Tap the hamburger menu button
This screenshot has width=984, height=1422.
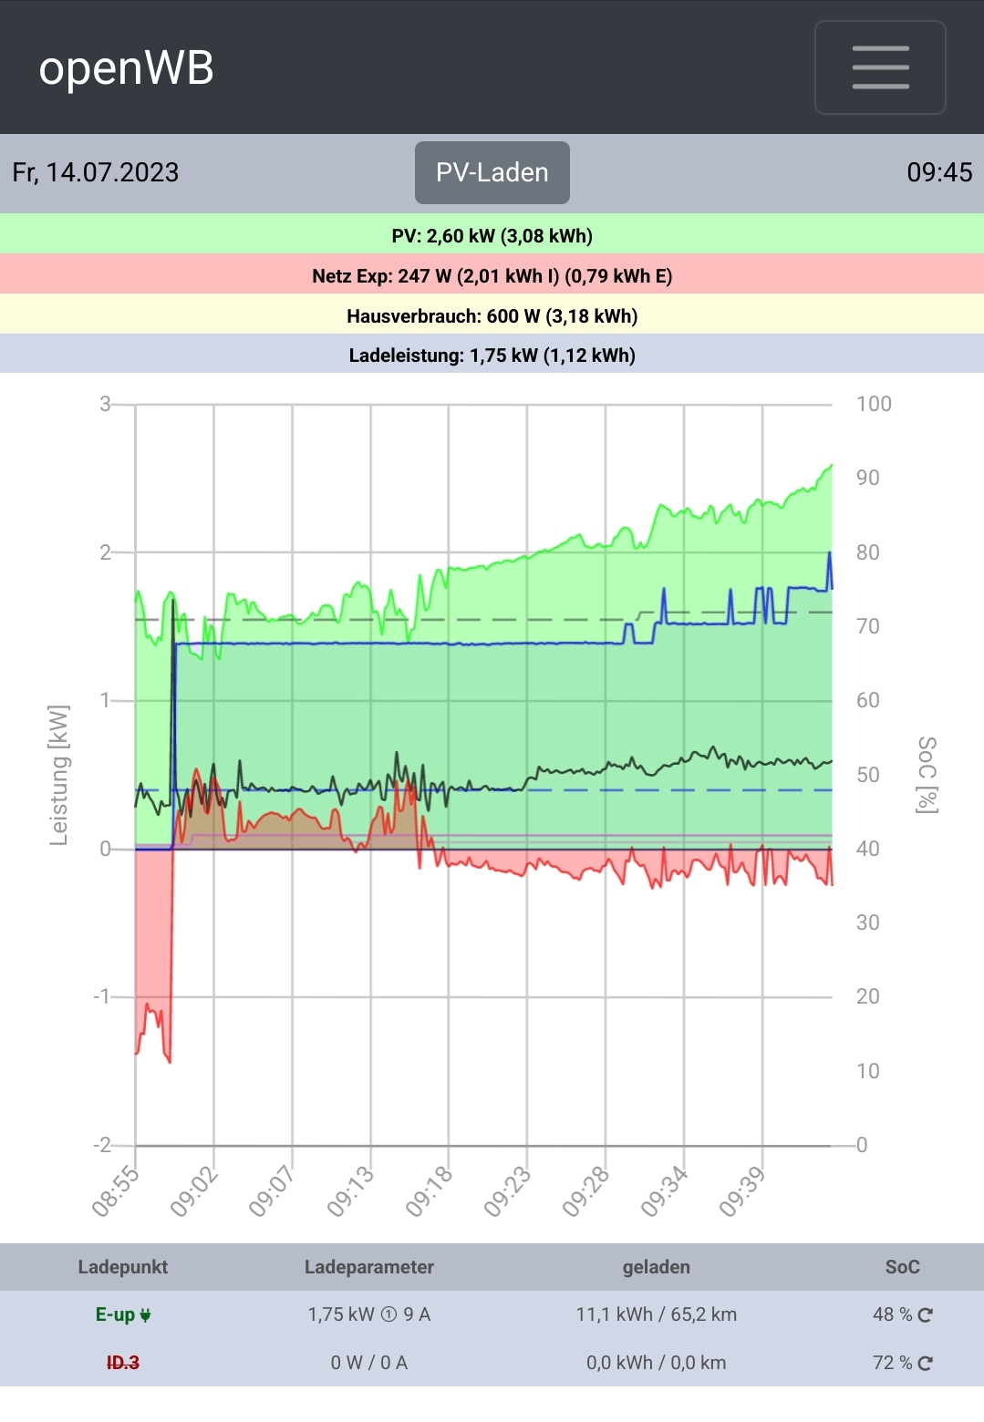(880, 67)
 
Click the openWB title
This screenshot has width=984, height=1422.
(126, 68)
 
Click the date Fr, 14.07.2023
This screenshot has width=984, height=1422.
(96, 172)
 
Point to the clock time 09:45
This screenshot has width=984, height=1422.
(939, 172)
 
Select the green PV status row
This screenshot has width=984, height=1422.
(492, 236)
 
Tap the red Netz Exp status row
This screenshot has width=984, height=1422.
(492, 276)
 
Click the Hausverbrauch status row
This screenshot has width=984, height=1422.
(492, 316)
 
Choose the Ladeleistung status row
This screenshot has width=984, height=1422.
(492, 355)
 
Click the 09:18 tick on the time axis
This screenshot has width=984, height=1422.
(430, 1191)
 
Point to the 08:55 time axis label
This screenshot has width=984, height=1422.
(116, 1191)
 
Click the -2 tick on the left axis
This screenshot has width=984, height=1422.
(102, 1145)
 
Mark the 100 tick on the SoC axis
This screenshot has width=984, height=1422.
(874, 404)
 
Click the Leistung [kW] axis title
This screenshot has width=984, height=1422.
(59, 775)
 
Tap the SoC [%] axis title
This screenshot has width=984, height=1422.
(927, 775)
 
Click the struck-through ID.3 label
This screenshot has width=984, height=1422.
(123, 1363)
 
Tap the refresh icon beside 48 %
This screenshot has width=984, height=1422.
(926, 1314)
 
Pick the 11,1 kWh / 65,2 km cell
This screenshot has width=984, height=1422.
(656, 1314)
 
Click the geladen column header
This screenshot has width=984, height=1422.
(656, 1267)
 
